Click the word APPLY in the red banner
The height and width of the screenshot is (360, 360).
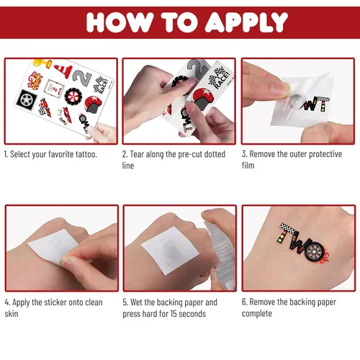point(246,22)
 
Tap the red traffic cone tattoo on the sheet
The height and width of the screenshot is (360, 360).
point(63,70)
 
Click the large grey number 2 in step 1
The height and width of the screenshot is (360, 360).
point(82,77)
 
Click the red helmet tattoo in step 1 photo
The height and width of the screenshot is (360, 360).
point(94,104)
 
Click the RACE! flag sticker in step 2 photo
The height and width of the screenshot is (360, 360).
point(218,78)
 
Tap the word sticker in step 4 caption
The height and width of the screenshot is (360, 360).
point(55,302)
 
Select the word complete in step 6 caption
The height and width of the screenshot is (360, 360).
point(257,313)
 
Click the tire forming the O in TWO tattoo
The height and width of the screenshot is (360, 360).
point(314,251)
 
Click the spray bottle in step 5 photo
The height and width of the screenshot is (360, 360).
point(220,250)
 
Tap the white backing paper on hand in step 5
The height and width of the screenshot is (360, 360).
point(170,251)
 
